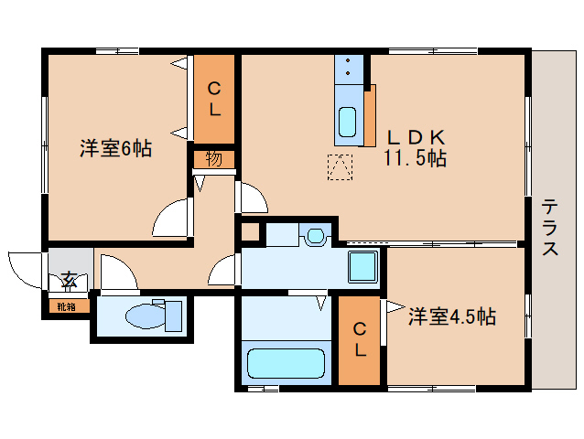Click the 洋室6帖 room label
(115, 148)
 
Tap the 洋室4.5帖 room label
(451, 317)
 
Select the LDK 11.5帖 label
(415, 147)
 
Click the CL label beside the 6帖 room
(213, 99)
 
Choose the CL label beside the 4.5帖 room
(360, 339)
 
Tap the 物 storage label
(213, 158)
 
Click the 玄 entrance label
(70, 279)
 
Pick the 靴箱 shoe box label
(67, 306)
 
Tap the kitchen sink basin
(348, 122)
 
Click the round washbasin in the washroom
(316, 235)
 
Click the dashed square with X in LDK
(340, 167)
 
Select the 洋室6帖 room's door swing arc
(170, 219)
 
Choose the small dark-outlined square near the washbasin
(250, 232)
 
